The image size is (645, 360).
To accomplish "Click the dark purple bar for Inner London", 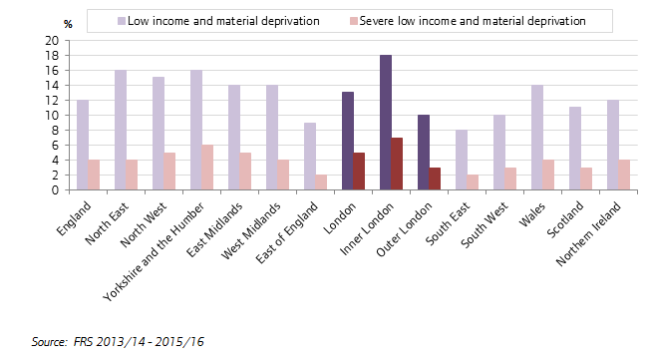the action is [x=386, y=123].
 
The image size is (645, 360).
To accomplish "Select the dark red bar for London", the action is [x=359, y=172].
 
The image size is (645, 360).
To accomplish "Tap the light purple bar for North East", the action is [x=121, y=130].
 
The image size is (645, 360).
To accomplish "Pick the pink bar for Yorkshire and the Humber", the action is [x=207, y=168].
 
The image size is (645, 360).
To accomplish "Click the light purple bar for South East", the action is [x=462, y=160].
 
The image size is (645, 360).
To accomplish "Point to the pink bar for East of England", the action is [x=321, y=182].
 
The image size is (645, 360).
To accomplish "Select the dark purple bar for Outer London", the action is [x=424, y=153].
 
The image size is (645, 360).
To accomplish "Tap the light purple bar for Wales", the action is [x=537, y=138].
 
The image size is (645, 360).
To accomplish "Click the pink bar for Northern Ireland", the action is [x=624, y=175].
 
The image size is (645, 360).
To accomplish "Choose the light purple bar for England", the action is [x=83, y=145].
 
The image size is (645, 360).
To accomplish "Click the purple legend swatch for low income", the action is [x=122, y=21].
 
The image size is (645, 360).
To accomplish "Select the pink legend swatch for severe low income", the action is [x=354, y=21].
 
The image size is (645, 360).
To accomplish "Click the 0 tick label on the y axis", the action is [x=55, y=190].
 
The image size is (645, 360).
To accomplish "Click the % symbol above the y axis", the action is [x=68, y=24].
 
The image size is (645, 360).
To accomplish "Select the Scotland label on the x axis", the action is [x=565, y=219].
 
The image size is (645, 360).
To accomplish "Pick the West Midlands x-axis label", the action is [x=251, y=230].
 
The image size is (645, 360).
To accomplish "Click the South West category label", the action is [x=484, y=224].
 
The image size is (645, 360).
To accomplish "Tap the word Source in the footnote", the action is [x=49, y=342].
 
